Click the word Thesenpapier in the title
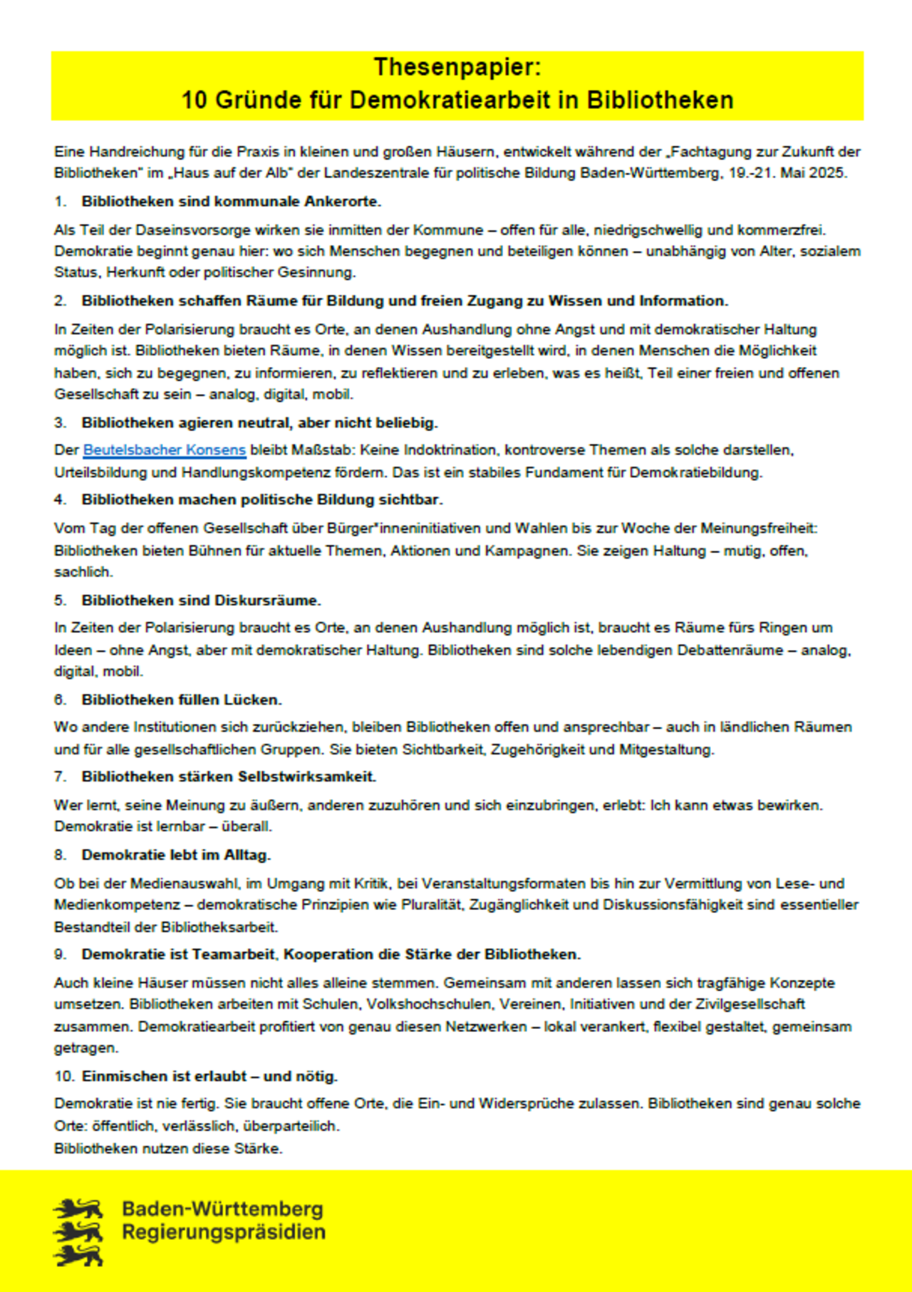[457, 67]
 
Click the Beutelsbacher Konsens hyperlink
[165, 450]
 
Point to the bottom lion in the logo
[78, 1256]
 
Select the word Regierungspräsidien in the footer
[224, 1232]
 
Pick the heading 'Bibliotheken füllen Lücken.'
[182, 700]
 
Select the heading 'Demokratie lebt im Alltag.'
[176, 855]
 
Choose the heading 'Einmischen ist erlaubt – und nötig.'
[209, 1076]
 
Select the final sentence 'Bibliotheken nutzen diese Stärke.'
[168, 1149]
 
